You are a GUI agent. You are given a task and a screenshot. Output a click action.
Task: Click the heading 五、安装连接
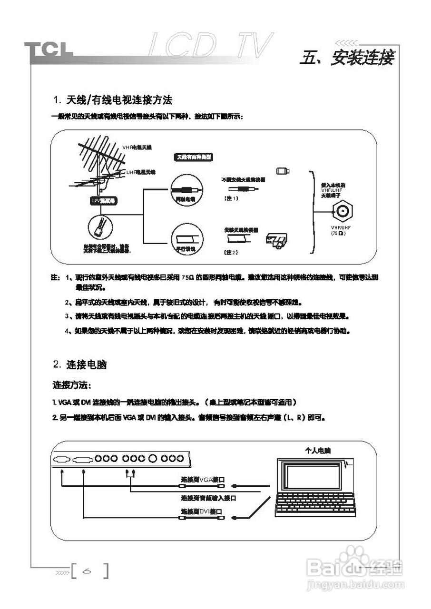coord(347,58)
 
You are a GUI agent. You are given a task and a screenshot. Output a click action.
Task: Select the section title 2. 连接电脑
coord(80,365)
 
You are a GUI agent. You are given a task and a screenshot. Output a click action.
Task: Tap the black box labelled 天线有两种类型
coord(194,157)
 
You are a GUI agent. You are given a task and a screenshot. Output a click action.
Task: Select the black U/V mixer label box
coord(104,200)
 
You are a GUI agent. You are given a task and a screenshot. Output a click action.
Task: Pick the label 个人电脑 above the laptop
coord(318,450)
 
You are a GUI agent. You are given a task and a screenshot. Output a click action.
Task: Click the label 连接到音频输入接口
coord(208,498)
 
